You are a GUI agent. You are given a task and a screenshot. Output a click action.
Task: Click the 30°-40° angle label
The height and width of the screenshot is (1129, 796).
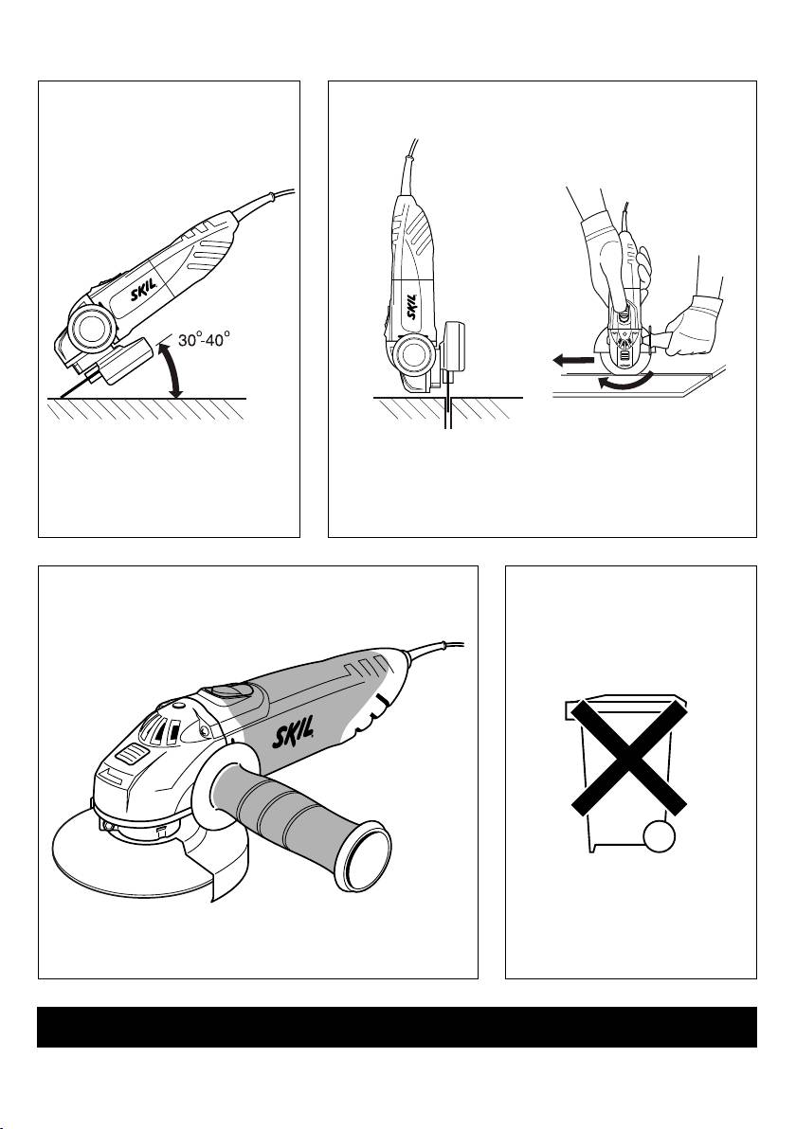click(205, 339)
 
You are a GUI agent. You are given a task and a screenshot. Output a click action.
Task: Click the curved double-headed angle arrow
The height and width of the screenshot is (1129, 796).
click(172, 369)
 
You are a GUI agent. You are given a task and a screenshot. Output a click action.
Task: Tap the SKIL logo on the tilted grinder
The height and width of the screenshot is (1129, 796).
click(142, 296)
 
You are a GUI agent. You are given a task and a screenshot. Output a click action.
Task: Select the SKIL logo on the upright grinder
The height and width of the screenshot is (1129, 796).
click(411, 307)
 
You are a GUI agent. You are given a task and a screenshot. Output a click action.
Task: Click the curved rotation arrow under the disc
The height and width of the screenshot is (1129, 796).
click(625, 380)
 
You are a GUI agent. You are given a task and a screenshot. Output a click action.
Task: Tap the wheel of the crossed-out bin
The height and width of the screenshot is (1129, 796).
click(660, 838)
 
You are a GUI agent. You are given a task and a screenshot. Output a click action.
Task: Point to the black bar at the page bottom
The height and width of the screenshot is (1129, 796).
click(397, 1027)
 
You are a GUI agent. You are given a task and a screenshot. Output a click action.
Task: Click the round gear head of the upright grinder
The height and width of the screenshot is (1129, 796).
click(414, 355)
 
